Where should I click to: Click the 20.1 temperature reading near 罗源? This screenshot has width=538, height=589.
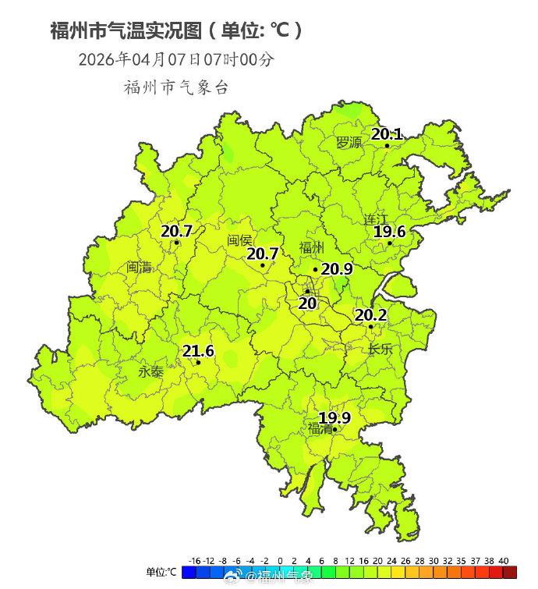pyautogui.click(x=386, y=134)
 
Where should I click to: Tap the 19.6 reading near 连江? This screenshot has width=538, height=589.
pyautogui.click(x=389, y=232)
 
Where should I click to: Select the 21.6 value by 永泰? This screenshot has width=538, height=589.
pyautogui.click(x=198, y=351)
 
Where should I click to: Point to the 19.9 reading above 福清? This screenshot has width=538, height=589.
pyautogui.click(x=334, y=418)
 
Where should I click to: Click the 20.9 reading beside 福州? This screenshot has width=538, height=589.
pyautogui.click(x=337, y=269)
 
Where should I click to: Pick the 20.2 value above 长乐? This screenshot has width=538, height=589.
pyautogui.click(x=371, y=315)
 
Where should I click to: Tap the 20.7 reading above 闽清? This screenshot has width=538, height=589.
pyautogui.click(x=176, y=231)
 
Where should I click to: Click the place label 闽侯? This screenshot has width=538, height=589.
pyautogui.click(x=240, y=240)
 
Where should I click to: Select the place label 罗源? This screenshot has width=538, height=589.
pyautogui.click(x=349, y=143)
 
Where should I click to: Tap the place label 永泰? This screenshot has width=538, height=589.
pyautogui.click(x=151, y=372)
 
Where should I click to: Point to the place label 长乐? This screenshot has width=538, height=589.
pyautogui.click(x=380, y=349)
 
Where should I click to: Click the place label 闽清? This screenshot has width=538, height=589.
pyautogui.click(x=140, y=267)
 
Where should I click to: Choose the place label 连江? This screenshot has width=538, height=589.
pyautogui.click(x=376, y=219)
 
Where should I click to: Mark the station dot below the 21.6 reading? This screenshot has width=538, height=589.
pyautogui.click(x=198, y=362)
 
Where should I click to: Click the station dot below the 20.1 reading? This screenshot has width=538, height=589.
pyautogui.click(x=387, y=145)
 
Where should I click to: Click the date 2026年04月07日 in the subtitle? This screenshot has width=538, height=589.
pyautogui.click(x=140, y=59)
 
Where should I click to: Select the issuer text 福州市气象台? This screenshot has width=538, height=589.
pyautogui.click(x=176, y=87)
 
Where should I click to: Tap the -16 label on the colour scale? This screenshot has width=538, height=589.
pyautogui.click(x=195, y=561)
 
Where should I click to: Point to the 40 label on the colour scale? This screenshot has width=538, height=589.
pyautogui.click(x=503, y=561)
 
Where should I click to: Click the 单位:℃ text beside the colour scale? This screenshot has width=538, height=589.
pyautogui.click(x=161, y=572)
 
